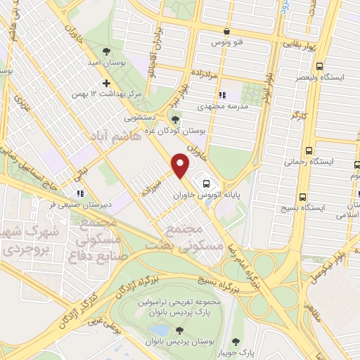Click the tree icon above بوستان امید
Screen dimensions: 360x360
(105, 51)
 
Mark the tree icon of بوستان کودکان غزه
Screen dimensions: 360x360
(176, 118)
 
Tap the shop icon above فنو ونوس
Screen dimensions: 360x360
(226, 31)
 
